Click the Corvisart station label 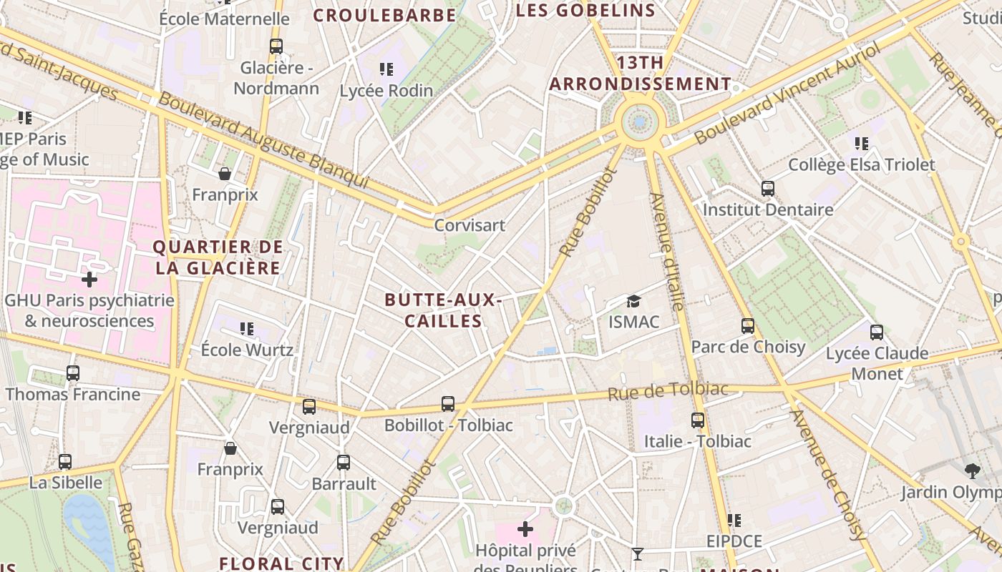click(x=470, y=225)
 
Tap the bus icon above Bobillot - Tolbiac click(x=448, y=404)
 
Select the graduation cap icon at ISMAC click(x=633, y=301)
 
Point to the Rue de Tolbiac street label click(x=668, y=391)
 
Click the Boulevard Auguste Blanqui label click(x=263, y=141)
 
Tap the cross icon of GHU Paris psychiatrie click(x=89, y=279)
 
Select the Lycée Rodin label click(x=386, y=91)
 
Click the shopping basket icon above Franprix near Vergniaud click(x=230, y=449)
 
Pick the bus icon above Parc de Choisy click(x=748, y=326)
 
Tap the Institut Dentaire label click(x=768, y=209)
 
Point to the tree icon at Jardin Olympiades click(x=972, y=470)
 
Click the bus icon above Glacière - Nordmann click(x=276, y=46)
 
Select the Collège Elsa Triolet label click(x=861, y=164)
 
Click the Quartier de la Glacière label click(x=218, y=257)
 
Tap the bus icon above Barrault click(x=344, y=463)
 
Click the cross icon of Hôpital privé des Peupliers click(x=525, y=529)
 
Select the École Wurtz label click(x=247, y=350)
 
